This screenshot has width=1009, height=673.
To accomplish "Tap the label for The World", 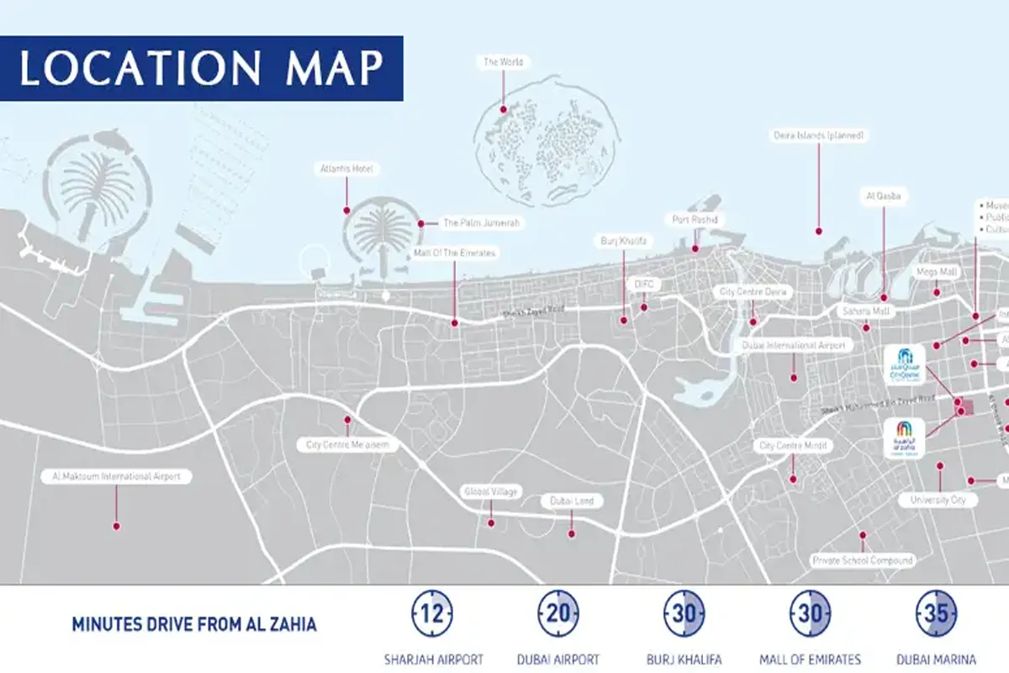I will point(503,62).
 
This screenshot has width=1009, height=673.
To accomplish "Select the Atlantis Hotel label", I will point(346,169).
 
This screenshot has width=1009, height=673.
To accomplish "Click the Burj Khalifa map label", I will point(623,241).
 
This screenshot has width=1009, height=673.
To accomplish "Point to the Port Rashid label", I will point(695,220).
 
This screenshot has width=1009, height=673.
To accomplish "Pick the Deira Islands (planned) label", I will point(818,135).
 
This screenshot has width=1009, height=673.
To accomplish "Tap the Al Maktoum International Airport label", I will point(116,477).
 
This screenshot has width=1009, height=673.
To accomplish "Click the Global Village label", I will point(490,491).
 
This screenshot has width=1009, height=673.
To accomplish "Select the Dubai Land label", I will point(572,501).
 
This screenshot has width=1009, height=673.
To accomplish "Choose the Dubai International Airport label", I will point(793,346).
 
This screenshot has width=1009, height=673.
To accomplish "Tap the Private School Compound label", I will point(862,560).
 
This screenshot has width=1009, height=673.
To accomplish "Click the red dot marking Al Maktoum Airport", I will point(116,527).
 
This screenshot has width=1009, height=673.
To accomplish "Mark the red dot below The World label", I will point(504,109).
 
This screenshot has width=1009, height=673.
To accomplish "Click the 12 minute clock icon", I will point(432,613).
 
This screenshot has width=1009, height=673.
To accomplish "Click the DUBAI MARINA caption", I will point(937,660).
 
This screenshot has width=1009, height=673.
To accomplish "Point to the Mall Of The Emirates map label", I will point(454,252).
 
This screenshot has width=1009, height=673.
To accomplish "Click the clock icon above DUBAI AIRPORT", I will point(559,613).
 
